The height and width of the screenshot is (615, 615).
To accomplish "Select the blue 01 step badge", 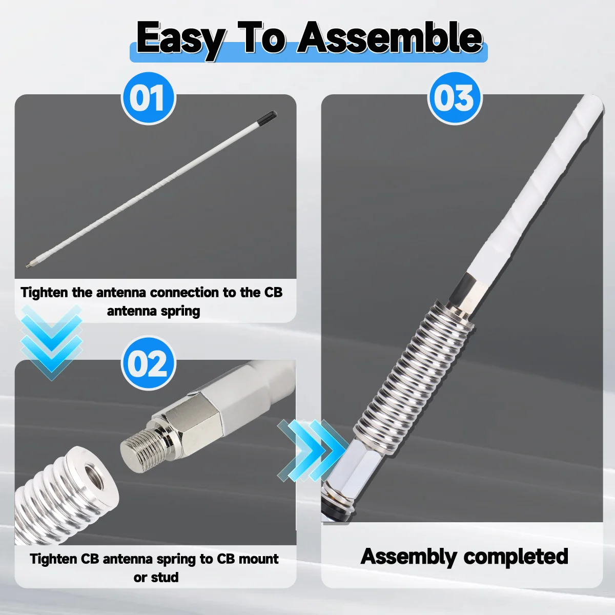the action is coord(149,98).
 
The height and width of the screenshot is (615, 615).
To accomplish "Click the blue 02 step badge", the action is coord(149,363).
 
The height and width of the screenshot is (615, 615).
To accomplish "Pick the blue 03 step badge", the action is coord(455,98).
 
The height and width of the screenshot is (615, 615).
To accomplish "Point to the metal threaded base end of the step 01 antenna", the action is coord(30,265).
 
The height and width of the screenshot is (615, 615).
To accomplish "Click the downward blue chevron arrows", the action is coord(52,342).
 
